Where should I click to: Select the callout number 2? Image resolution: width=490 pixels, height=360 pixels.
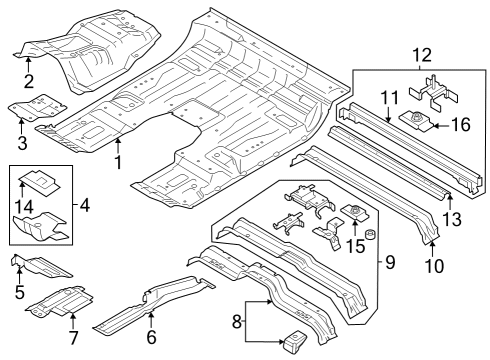[x=29, y=81]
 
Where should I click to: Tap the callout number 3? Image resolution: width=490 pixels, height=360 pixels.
[x=22, y=143]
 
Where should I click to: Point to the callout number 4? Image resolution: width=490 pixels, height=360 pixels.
[x=84, y=206]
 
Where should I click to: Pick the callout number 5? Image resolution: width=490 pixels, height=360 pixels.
[x=20, y=293]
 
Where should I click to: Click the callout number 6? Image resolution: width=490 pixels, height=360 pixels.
[x=150, y=337]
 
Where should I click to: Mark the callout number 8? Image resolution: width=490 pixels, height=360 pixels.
[x=236, y=322]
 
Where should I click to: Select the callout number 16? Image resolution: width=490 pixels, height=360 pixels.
[x=459, y=124]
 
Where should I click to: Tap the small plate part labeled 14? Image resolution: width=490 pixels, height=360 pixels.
[x=41, y=180]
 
